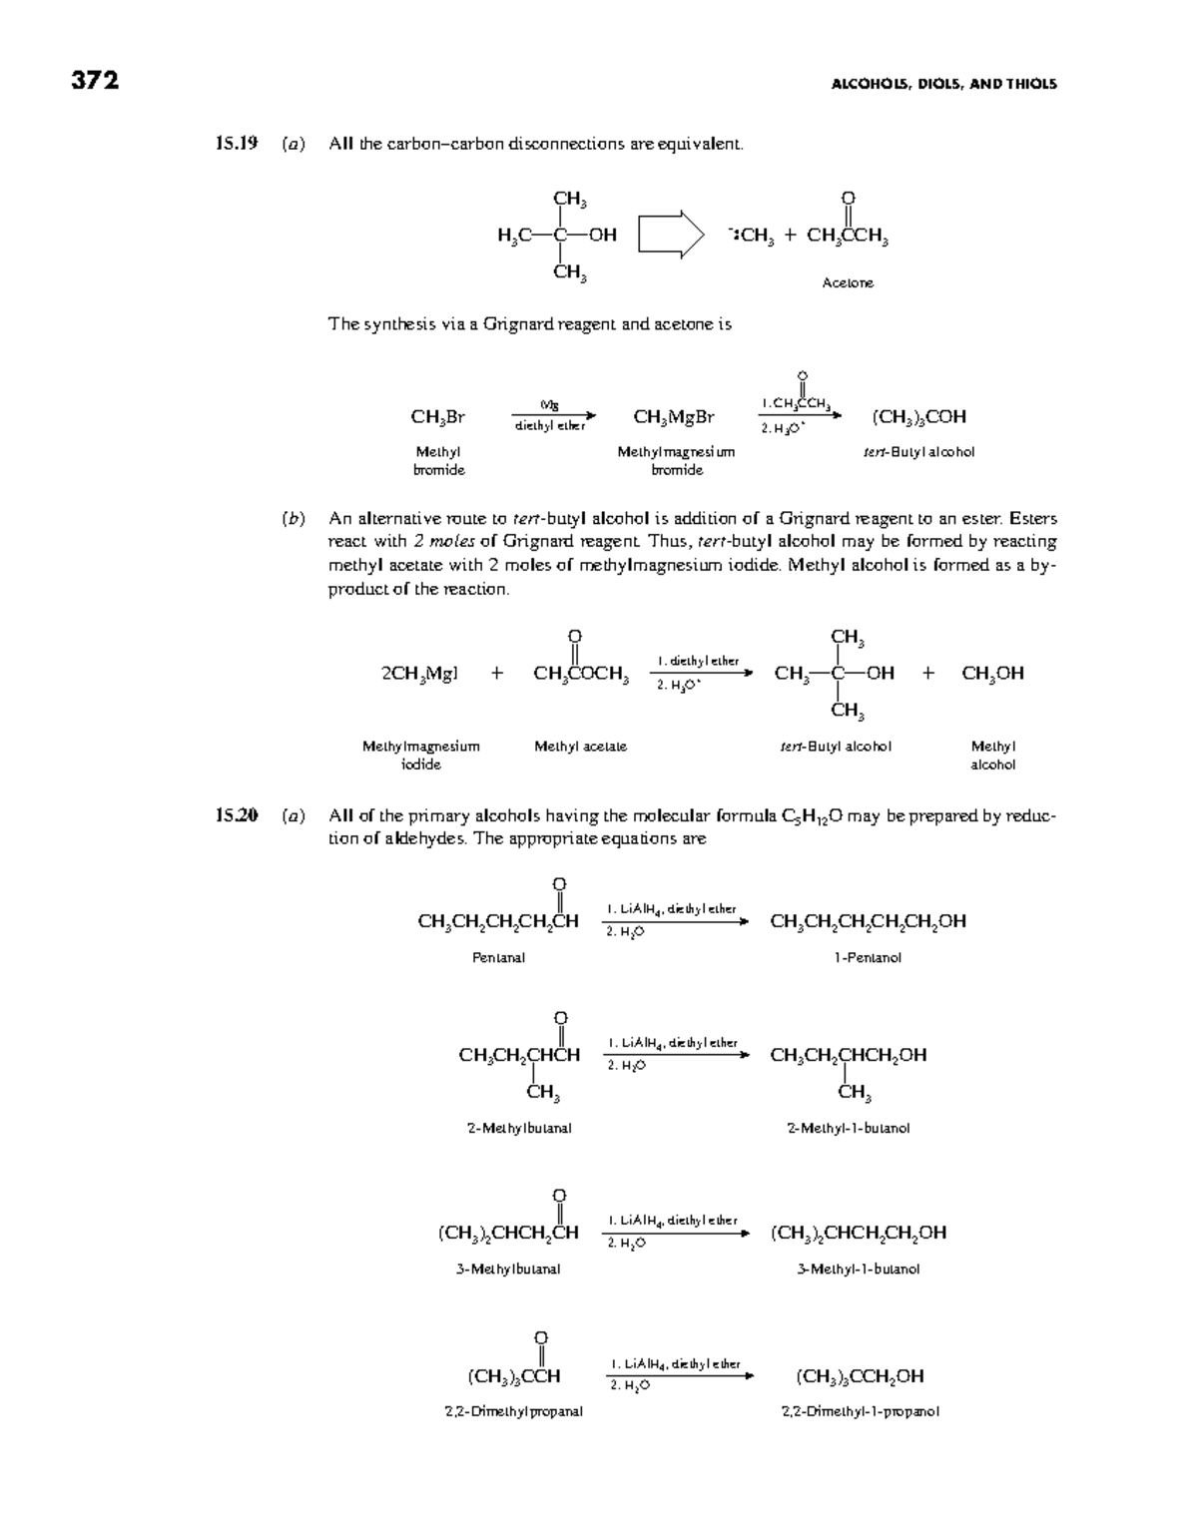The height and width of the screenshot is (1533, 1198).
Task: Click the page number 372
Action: click(x=95, y=81)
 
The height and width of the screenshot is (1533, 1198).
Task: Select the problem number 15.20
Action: click(x=237, y=815)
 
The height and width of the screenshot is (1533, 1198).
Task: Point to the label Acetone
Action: click(x=848, y=282)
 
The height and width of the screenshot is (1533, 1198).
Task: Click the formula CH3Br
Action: click(x=438, y=416)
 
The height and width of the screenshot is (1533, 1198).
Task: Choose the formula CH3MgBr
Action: click(x=675, y=416)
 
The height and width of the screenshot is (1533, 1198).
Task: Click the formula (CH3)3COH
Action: click(x=918, y=416)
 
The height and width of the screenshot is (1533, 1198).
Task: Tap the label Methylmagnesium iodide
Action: click(x=420, y=755)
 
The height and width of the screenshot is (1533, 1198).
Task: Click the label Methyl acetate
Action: click(x=580, y=746)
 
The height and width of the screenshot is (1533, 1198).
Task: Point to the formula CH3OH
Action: click(x=992, y=674)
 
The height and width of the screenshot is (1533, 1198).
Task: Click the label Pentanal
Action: click(x=498, y=957)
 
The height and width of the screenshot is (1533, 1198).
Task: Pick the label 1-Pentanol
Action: click(x=868, y=957)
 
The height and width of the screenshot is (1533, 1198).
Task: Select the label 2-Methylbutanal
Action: click(x=519, y=1128)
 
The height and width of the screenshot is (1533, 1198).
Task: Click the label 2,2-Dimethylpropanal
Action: click(x=513, y=1411)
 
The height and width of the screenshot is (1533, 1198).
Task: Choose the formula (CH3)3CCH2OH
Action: click(x=860, y=1376)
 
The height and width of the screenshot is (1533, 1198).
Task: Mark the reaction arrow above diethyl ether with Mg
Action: click(x=553, y=415)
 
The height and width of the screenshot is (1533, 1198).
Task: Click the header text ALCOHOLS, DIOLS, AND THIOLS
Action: click(x=943, y=84)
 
